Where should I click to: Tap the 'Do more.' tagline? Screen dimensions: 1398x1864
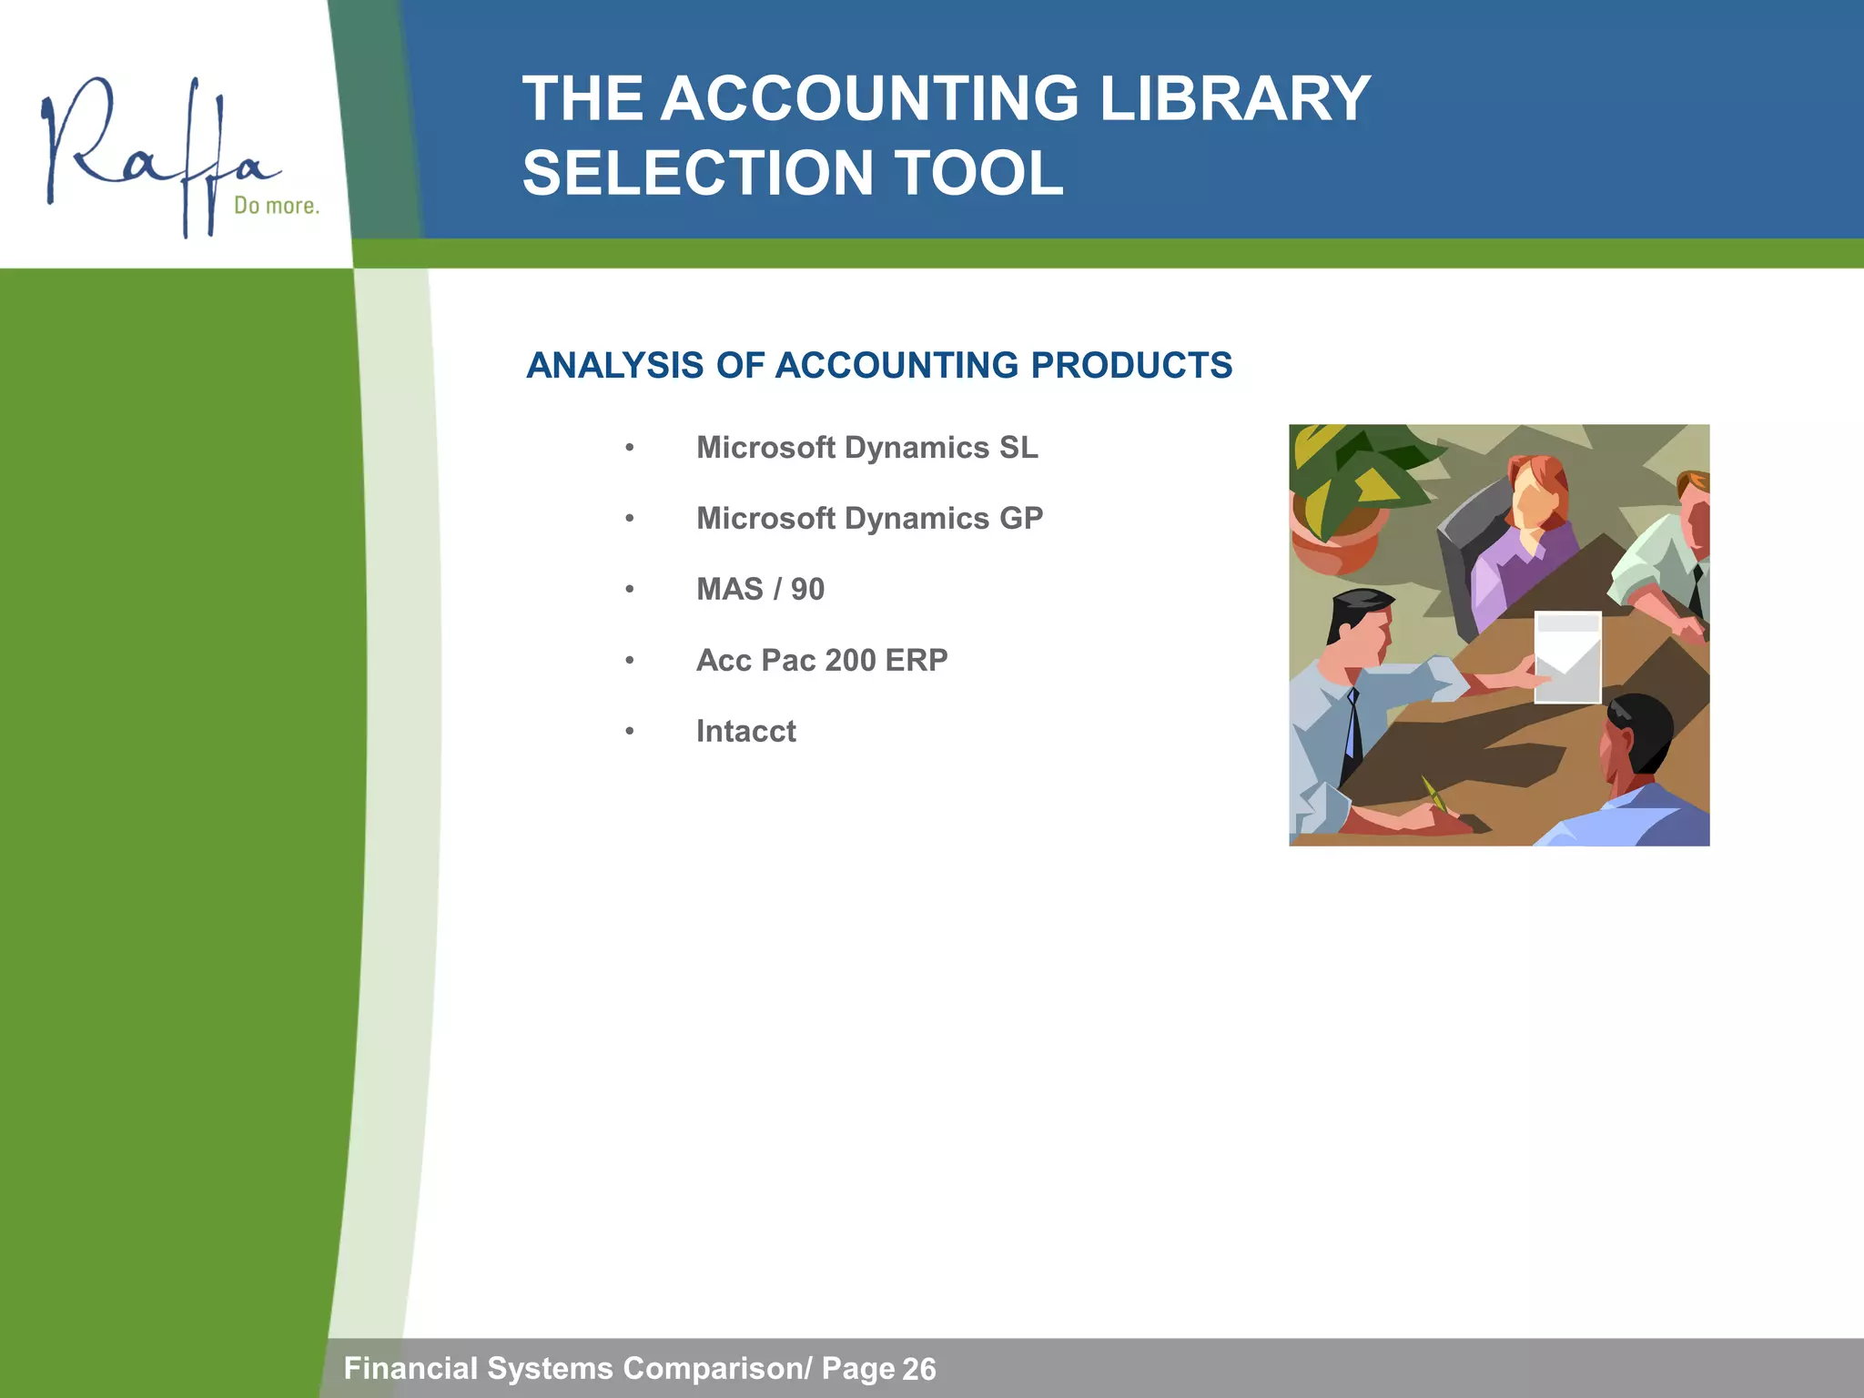point(277,206)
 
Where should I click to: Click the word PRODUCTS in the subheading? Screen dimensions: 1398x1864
point(1131,366)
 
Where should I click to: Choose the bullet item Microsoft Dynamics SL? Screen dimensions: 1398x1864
point(866,448)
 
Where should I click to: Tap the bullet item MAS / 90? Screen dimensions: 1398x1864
point(760,590)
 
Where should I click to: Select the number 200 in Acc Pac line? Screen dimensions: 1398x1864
point(850,661)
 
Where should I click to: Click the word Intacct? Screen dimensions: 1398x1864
point(745,732)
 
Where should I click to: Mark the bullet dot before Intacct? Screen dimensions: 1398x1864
point(629,732)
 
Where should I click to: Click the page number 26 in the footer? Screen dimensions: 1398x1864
point(918,1369)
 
